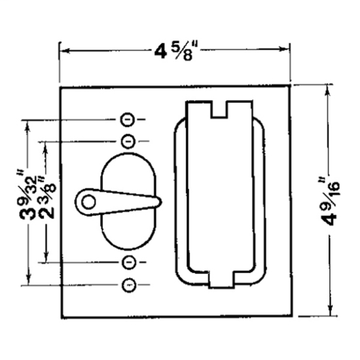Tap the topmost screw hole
pyautogui.click(x=128, y=120)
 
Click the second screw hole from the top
pyautogui.click(x=128, y=140)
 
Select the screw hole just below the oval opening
pyautogui.click(x=128, y=262)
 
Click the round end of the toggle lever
pyautogui.click(x=87, y=202)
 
